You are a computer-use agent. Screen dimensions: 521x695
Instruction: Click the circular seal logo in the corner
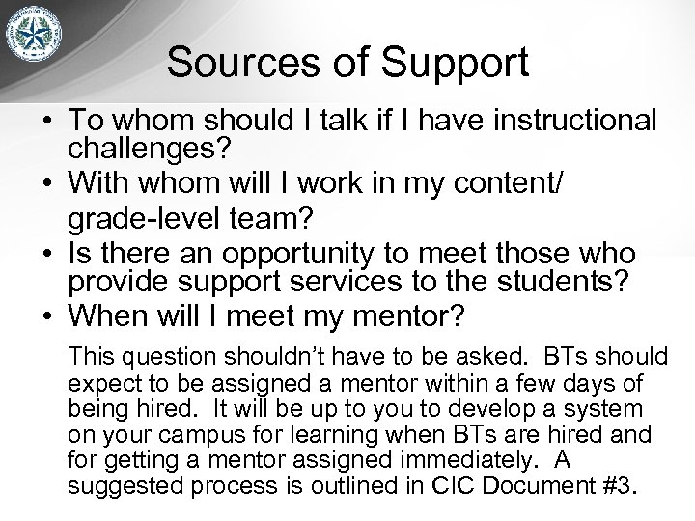coord(42,43)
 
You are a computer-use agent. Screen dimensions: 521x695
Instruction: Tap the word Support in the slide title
coord(453,64)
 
